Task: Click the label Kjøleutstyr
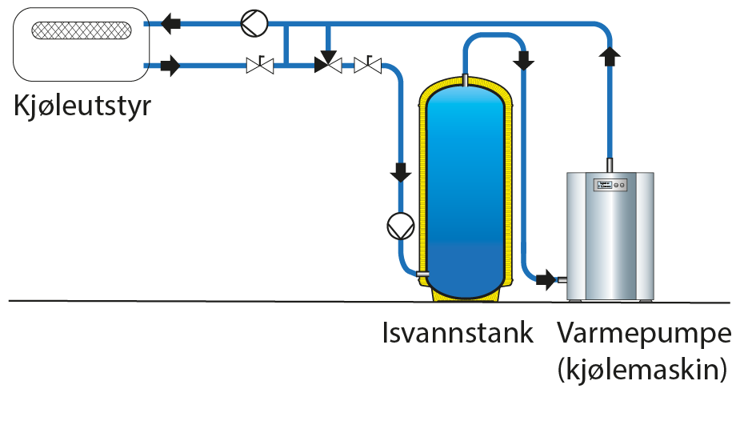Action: pos(82,106)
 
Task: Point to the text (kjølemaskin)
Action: pos(643,370)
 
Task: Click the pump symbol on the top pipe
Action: pos(253,24)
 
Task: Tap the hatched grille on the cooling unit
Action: pos(82,31)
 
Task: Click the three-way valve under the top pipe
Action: pos(328,65)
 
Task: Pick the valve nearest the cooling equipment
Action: pos(260,65)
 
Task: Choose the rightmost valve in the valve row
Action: pos(367,65)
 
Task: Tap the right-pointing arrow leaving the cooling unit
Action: pos(170,66)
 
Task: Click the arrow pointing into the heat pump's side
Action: pos(546,279)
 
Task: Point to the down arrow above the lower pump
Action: pos(398,171)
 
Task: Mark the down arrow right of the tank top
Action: pos(525,60)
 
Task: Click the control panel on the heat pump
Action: pos(610,185)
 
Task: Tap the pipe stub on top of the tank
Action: pos(465,78)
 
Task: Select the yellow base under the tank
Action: pos(465,295)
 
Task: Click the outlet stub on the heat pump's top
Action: pos(610,164)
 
